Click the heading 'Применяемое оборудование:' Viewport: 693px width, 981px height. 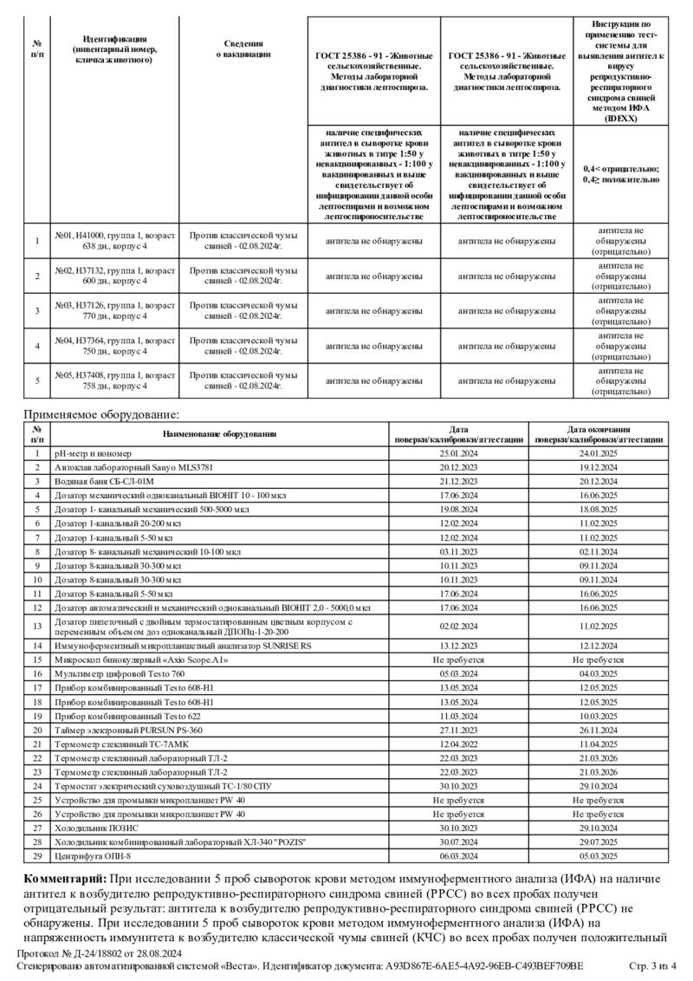coord(100,415)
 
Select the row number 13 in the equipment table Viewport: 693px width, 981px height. coord(37,627)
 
